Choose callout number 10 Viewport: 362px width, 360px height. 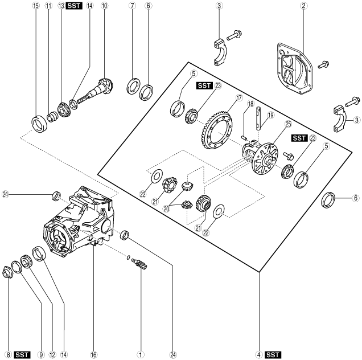[104, 6]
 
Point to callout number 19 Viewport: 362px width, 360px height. [271, 115]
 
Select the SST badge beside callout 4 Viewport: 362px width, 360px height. [273, 354]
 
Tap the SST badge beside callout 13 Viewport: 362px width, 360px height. [73, 6]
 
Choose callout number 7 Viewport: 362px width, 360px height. [132, 6]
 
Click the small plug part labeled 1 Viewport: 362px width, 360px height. [140, 263]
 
